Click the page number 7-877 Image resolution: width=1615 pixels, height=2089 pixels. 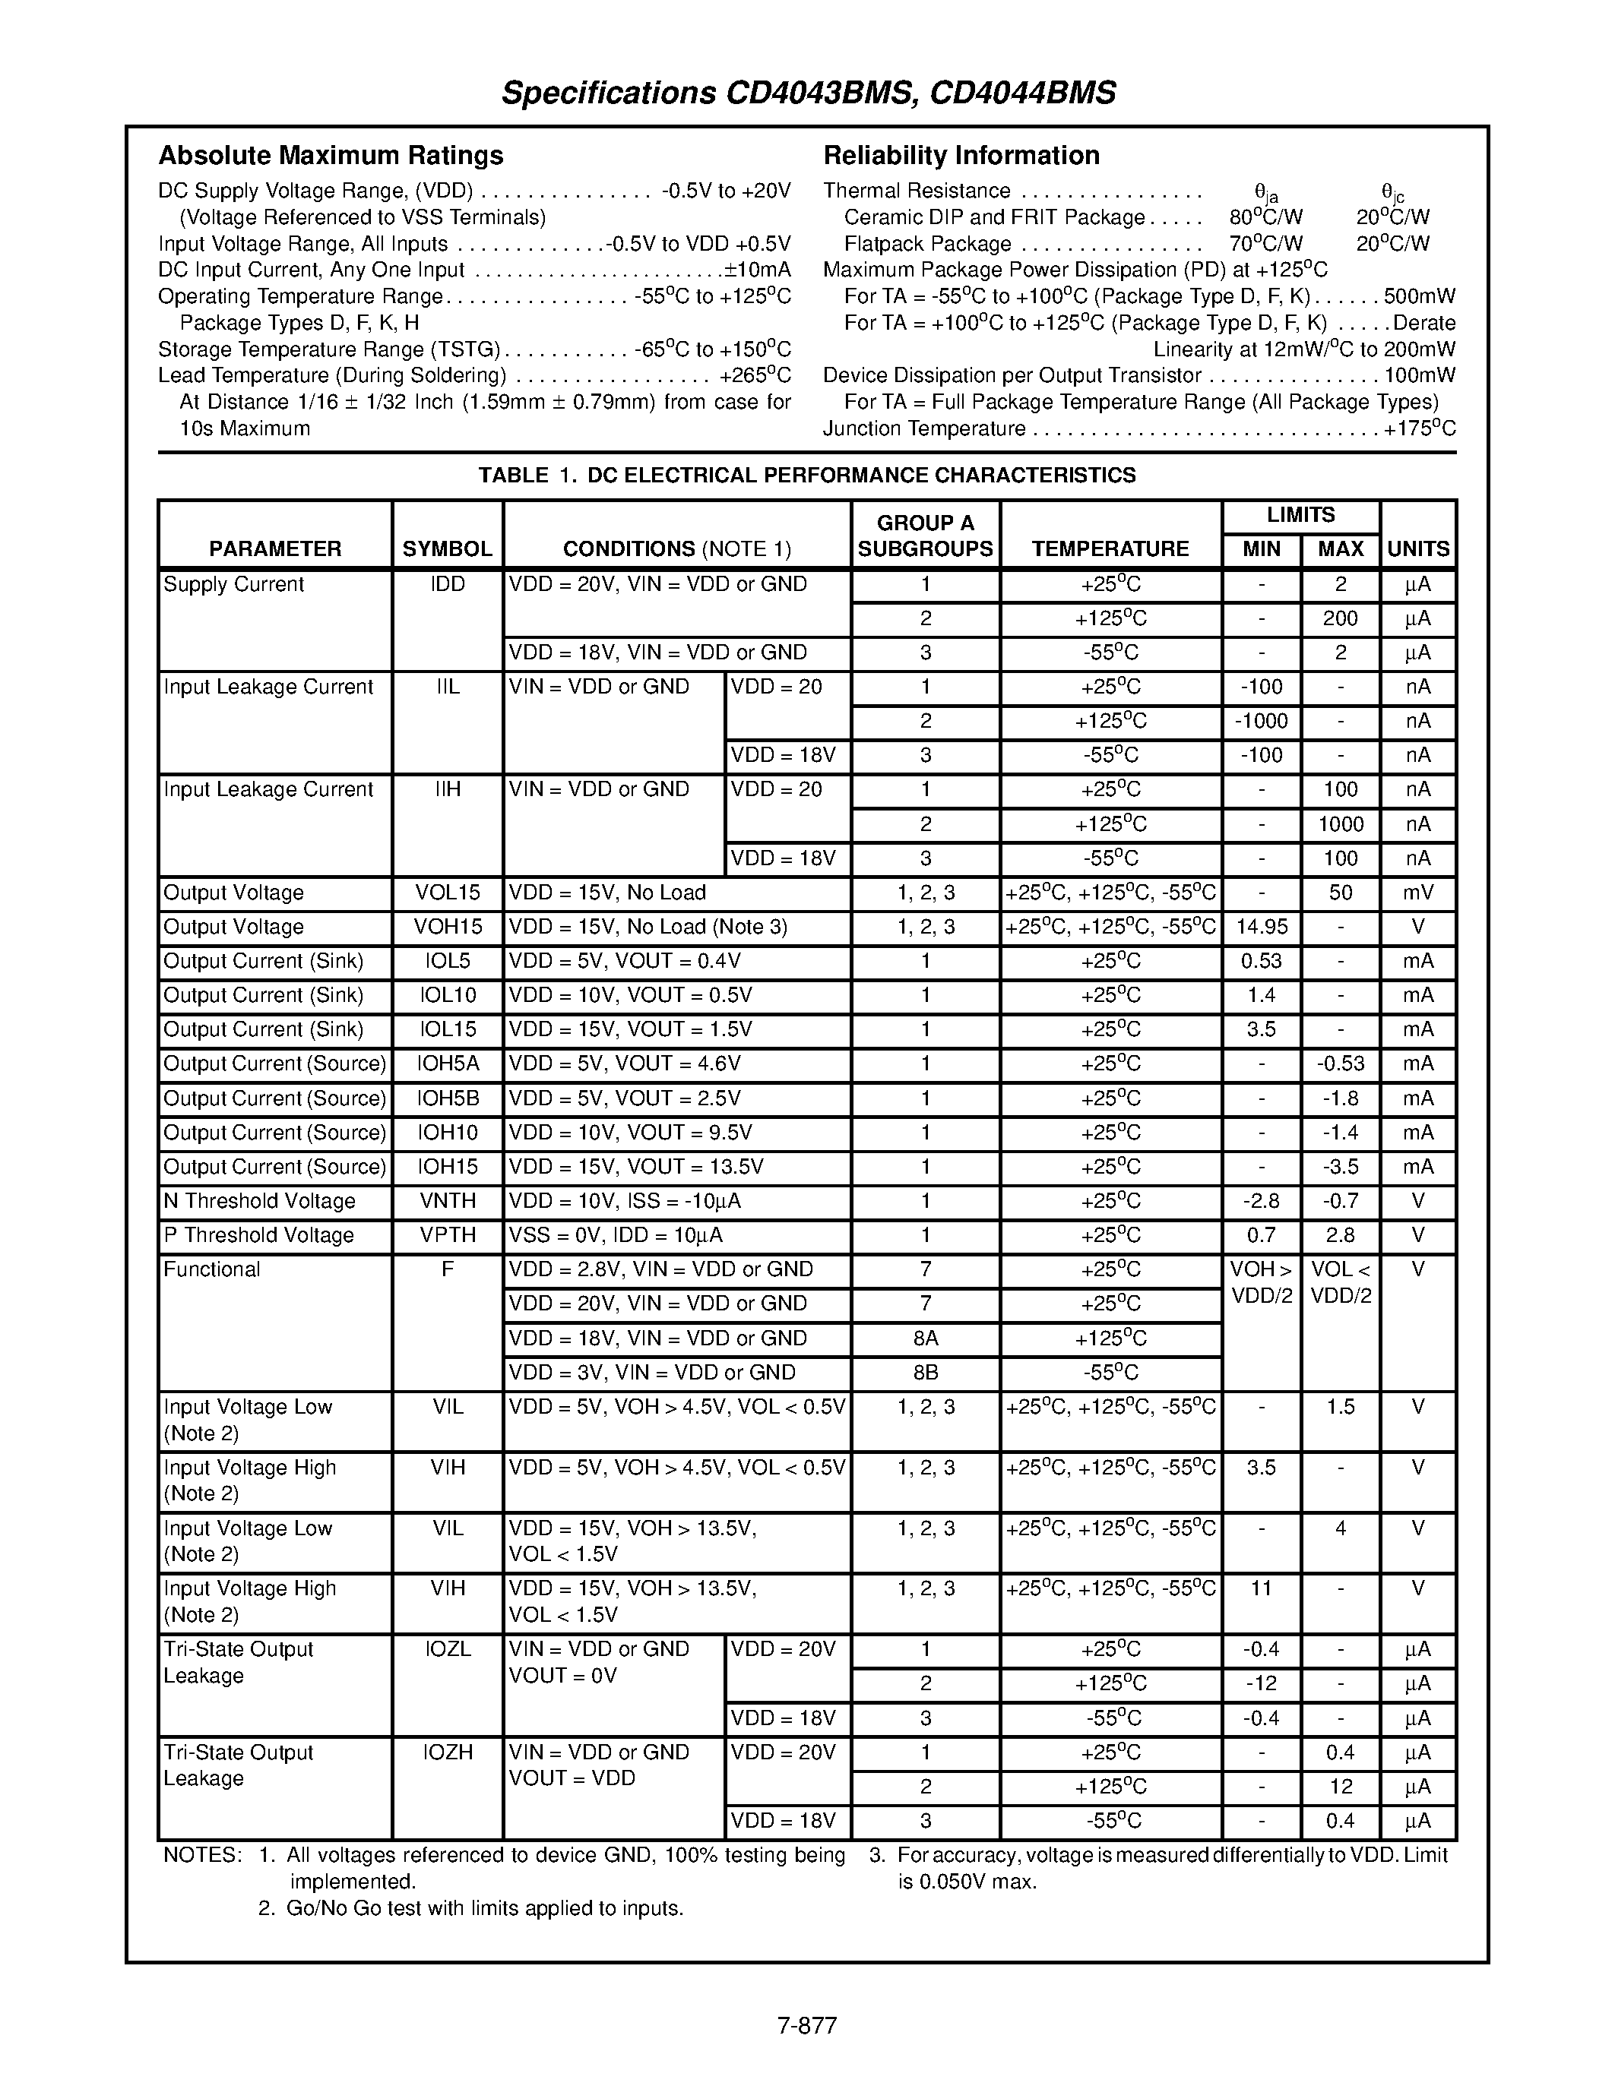pos(806,2025)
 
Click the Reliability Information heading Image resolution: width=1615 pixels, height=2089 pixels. pos(961,155)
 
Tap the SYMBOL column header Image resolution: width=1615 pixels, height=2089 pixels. pos(447,549)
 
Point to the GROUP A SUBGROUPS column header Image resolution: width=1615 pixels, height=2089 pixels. pos(925,536)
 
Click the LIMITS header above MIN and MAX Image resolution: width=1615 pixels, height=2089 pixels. pos(1300,514)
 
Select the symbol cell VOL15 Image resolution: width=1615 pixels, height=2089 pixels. pos(447,893)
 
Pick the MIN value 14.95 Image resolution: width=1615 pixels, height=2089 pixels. pos(1261,927)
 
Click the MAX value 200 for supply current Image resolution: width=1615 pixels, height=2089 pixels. pos(1339,618)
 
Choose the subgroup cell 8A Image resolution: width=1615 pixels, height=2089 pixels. pos(925,1338)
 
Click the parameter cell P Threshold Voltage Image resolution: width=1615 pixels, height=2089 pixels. pos(258,1235)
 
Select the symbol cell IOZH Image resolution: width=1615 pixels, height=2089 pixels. pos(447,1752)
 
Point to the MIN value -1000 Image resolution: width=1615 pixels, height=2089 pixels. pos(1261,721)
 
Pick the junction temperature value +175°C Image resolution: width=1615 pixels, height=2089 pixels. pos(1419,428)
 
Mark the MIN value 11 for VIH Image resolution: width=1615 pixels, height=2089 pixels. pos(1261,1588)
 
